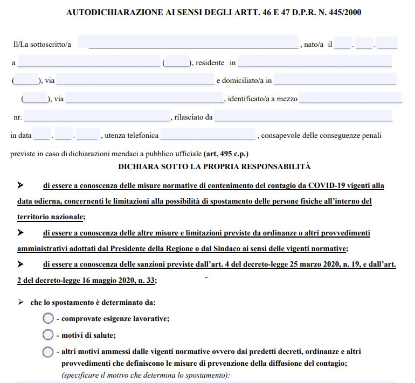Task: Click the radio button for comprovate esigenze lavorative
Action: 48,318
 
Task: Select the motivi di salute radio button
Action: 48,335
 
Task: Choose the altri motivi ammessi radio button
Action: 48,352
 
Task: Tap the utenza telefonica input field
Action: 207,135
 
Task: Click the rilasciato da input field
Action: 303,116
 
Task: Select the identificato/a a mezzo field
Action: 350,99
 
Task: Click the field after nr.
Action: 97,116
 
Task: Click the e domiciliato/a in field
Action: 335,80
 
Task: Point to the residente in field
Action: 315,62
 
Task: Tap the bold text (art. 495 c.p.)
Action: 226,154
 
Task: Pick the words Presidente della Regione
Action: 149,248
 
